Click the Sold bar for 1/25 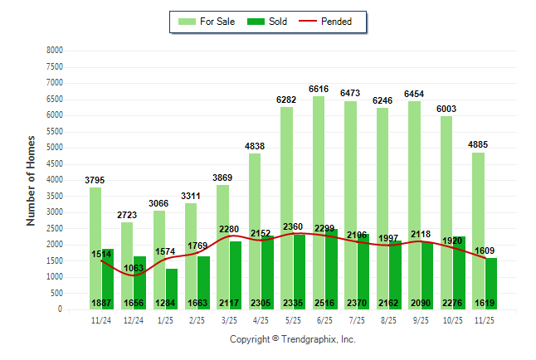coord(172,286)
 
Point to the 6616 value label coord(319,88)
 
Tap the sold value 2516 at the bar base coord(324,303)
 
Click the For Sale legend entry coord(205,22)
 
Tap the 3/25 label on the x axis coord(224,319)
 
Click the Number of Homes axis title coord(32,180)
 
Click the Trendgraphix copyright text coord(292,339)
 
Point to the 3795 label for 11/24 coord(96,179)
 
